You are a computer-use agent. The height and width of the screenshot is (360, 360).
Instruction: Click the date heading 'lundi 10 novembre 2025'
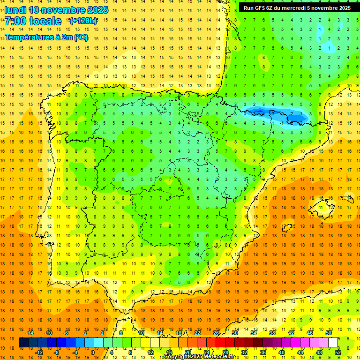tap(56, 10)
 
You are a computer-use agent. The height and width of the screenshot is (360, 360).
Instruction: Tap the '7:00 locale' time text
tap(33, 21)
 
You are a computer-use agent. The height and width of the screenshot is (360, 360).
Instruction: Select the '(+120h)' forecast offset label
tap(83, 21)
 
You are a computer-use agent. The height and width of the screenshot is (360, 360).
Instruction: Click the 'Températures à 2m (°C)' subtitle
tap(46, 37)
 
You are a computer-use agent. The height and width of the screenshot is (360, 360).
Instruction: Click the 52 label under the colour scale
tap(338, 352)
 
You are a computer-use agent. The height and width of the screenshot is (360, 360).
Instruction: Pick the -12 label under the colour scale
tap(39, 352)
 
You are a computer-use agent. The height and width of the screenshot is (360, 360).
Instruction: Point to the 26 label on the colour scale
tap(216, 333)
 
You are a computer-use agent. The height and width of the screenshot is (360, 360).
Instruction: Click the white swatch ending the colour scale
tap(333, 343)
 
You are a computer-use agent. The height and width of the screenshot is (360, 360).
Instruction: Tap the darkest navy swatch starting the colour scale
tap(23, 343)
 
